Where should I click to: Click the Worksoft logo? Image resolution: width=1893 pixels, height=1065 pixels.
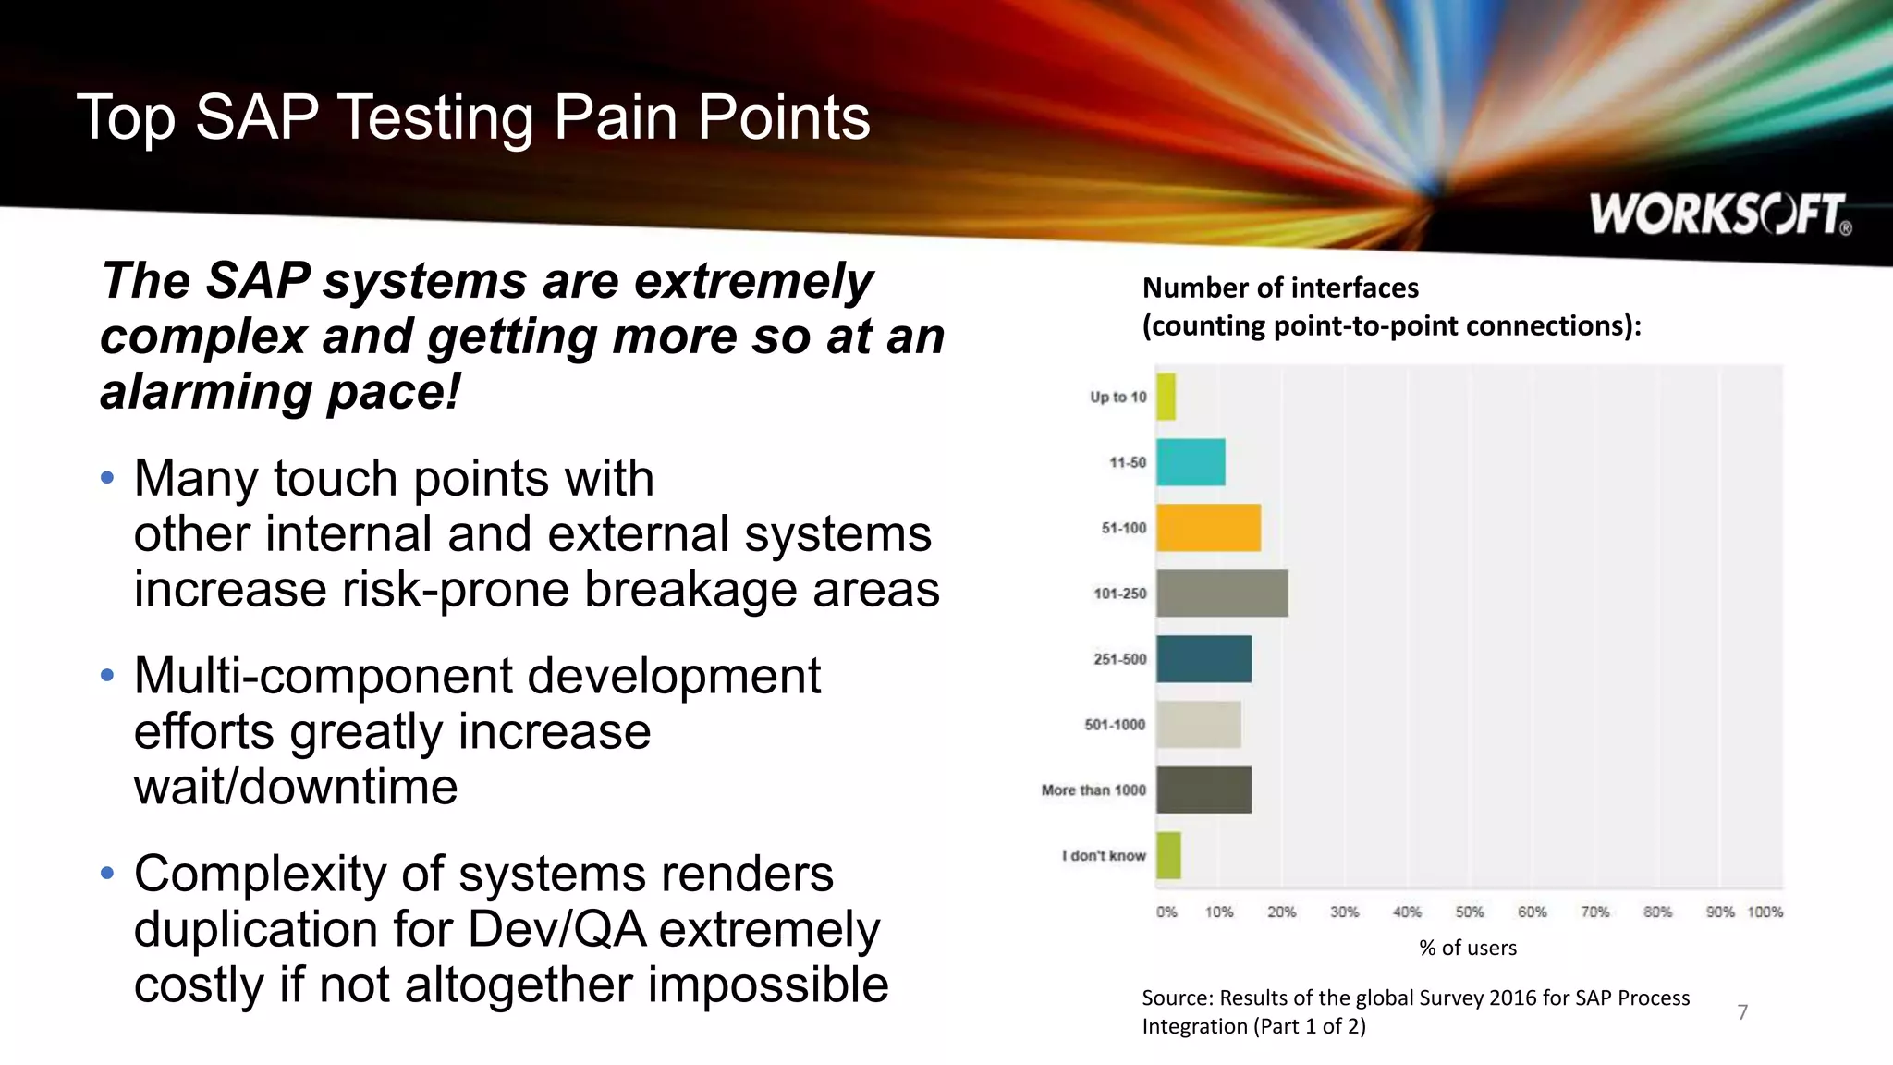(1719, 214)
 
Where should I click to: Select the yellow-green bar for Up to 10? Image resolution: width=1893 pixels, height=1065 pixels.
(1166, 397)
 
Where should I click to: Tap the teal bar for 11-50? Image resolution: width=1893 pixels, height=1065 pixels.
(1191, 462)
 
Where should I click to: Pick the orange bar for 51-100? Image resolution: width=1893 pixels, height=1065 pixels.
(1208, 528)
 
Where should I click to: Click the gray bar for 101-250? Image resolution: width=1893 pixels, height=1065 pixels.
(1222, 594)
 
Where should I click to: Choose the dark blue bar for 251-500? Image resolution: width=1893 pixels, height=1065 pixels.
(1203, 659)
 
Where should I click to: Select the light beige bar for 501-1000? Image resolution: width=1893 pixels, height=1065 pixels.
(1198, 725)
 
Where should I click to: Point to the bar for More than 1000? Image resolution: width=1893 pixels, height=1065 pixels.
(1203, 790)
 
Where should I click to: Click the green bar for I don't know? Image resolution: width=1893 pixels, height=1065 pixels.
(1168, 856)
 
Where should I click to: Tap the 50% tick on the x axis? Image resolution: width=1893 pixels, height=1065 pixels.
(1469, 912)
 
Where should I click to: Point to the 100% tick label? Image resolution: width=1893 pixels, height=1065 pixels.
(1765, 912)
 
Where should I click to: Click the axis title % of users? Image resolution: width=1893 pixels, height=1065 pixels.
(1468, 948)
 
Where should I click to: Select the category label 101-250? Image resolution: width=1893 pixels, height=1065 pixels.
(1119, 594)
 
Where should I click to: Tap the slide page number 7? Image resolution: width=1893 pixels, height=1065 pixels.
(1742, 1012)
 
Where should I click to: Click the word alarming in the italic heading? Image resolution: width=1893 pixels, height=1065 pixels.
(205, 392)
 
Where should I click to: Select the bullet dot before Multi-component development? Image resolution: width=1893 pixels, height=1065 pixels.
(107, 676)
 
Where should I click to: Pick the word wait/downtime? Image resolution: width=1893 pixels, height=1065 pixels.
(296, 788)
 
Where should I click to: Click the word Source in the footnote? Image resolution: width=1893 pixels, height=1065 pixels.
(1176, 998)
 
